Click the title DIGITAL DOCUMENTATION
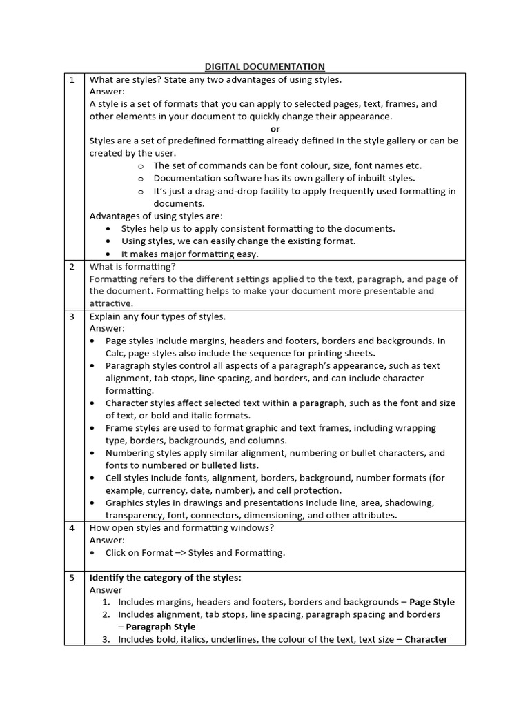pyautogui.click(x=264, y=66)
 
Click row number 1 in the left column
pyautogui.click(x=71, y=79)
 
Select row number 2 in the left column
pyautogui.click(x=71, y=266)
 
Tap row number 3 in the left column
pyautogui.click(x=71, y=316)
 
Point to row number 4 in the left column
pyautogui.click(x=71, y=528)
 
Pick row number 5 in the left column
pyautogui.click(x=71, y=578)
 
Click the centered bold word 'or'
pyautogui.click(x=275, y=129)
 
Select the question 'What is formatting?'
pyautogui.click(x=132, y=266)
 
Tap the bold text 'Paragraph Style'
pyautogui.click(x=161, y=627)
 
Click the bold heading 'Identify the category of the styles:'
pyautogui.click(x=166, y=578)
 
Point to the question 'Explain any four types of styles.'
pyautogui.click(x=157, y=316)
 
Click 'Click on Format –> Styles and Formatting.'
pyautogui.click(x=195, y=553)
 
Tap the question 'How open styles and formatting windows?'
pyautogui.click(x=181, y=528)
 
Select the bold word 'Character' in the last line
pyautogui.click(x=426, y=639)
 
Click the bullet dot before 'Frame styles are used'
pyautogui.click(x=92, y=428)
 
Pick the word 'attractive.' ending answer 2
pyautogui.click(x=112, y=303)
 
